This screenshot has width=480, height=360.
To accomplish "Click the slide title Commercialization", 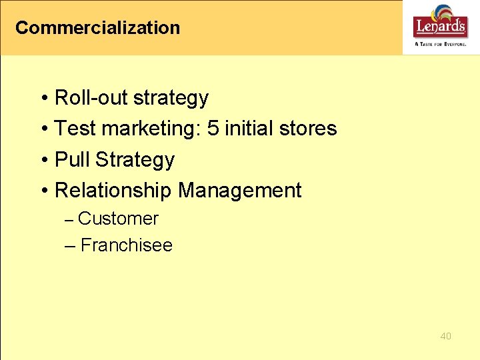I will coord(97,28).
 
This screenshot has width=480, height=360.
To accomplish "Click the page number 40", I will coord(445,336).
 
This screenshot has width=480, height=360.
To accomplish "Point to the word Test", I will coord(73,128).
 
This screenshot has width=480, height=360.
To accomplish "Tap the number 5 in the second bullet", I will coord(213,128).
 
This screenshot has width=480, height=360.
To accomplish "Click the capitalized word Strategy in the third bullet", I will coord(135,160).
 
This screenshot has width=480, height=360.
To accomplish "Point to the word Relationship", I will coord(113,191).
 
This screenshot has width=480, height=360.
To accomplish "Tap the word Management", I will coord(240,191).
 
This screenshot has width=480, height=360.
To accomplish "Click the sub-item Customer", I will coord(118,219).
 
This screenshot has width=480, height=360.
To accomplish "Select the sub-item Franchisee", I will coord(126,245).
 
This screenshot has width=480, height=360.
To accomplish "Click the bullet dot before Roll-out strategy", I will coord(43,99).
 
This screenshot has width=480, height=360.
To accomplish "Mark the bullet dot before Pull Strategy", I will coord(43,161).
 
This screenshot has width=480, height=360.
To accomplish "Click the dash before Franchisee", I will coord(70,246).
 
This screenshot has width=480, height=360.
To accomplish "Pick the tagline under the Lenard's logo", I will coord(440,43).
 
